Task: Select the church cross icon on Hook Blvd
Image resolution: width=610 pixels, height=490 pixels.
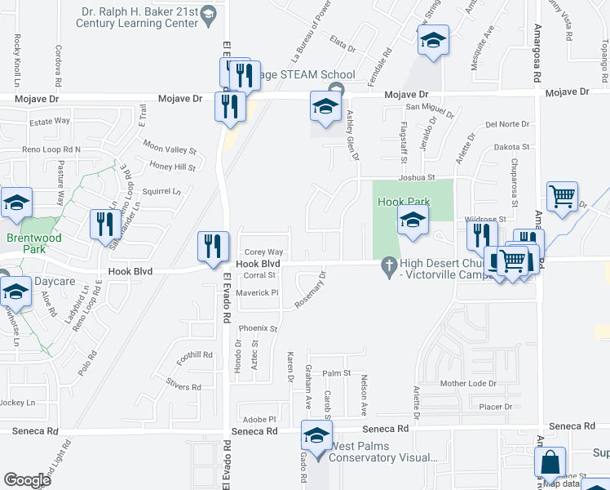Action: coord(388,263)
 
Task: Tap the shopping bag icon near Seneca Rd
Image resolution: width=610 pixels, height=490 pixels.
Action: coord(550,461)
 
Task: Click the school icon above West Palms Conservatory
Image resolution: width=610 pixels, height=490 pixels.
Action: coord(317,434)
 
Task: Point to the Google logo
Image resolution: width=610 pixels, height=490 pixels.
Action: coord(27,479)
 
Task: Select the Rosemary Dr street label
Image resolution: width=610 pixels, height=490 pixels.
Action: coord(314,290)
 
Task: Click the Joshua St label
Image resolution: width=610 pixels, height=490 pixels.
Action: coord(417,176)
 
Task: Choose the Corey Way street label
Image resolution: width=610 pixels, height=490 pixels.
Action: coord(264,252)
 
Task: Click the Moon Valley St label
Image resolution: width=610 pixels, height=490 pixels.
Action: coord(170,149)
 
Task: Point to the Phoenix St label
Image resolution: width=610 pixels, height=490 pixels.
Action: coord(258,329)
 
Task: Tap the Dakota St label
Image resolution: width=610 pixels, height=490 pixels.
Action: coord(512,147)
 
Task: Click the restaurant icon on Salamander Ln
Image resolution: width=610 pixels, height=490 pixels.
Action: coord(104,223)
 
